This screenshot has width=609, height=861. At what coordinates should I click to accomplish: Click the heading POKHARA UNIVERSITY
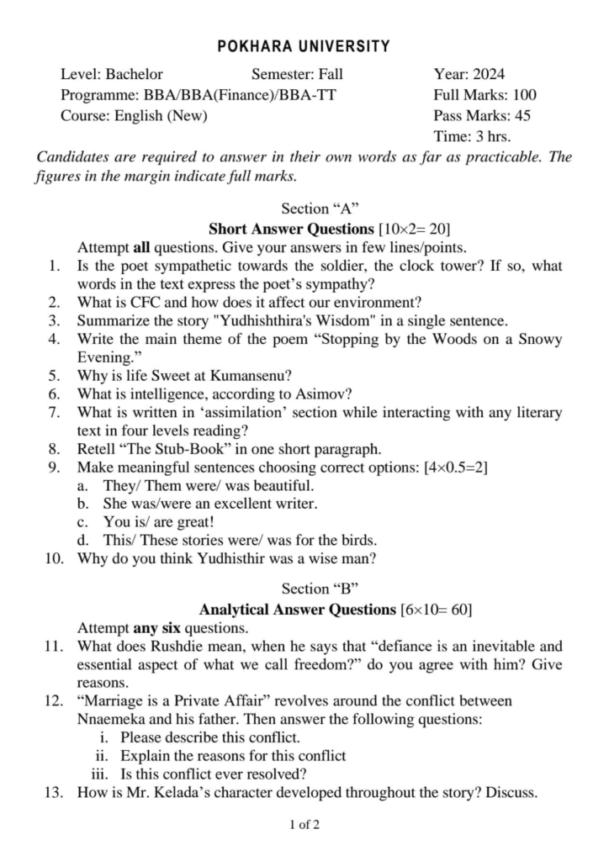pos(304,46)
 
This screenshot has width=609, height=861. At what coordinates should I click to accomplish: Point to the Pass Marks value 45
pos(522,116)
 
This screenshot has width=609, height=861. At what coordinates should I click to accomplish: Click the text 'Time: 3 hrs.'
pos(472,136)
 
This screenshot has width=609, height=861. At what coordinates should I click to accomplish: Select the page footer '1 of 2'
pos(304,825)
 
